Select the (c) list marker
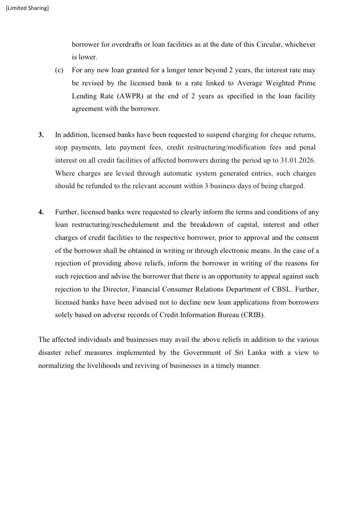coord(59,70)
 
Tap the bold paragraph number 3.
coord(41,135)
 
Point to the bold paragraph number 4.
coord(41,212)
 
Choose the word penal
coord(308,148)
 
